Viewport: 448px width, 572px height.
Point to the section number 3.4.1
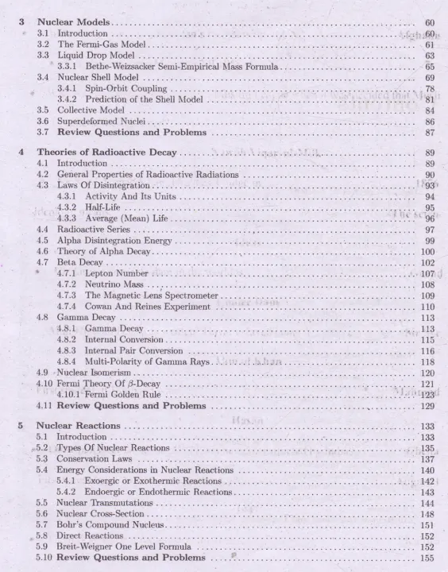tap(68, 89)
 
